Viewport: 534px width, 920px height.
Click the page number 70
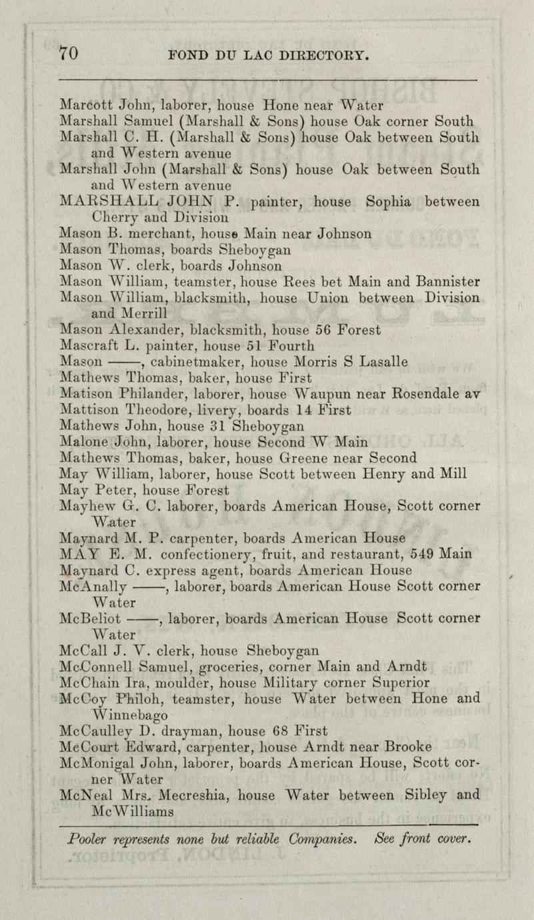tap(69, 54)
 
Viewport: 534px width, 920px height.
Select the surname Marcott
tap(86, 105)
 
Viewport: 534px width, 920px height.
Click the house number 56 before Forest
tap(323, 329)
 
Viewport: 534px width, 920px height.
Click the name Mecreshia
tap(190, 795)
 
